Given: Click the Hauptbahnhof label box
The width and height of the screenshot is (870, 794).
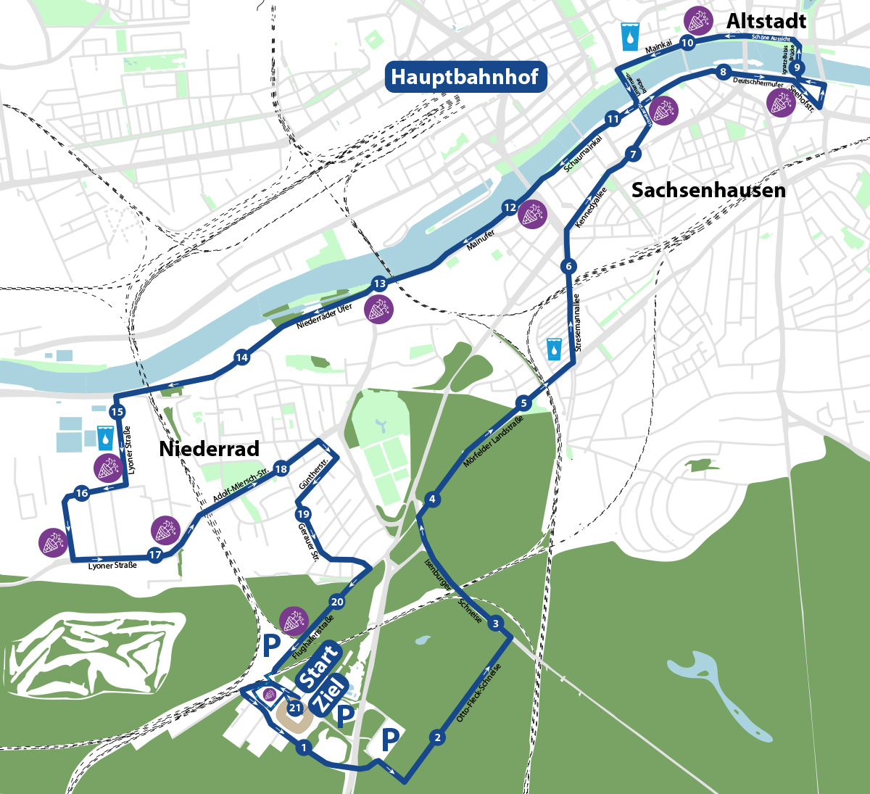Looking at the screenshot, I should click(464, 76).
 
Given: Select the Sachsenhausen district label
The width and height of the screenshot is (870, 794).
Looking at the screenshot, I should click(708, 190).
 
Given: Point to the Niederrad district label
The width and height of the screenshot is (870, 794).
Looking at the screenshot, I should click(209, 449).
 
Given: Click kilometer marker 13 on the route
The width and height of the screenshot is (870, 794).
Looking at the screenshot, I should click(379, 284).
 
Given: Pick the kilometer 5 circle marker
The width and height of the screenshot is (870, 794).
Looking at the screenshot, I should click(523, 403).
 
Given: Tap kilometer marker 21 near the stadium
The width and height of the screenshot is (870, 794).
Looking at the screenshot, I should click(294, 708).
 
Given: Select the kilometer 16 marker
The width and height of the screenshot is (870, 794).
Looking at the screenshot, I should click(82, 493).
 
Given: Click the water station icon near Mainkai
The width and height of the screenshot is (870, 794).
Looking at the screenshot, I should click(630, 36).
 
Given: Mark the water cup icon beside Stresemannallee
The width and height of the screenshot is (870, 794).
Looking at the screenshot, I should click(555, 349).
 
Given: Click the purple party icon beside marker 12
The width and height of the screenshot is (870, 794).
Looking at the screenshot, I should click(534, 215).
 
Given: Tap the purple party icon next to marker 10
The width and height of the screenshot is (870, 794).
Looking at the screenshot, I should click(697, 21).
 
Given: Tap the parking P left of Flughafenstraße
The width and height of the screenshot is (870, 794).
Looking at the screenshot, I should click(271, 643).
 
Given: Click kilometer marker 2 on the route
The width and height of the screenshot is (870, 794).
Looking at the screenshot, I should click(436, 738).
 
